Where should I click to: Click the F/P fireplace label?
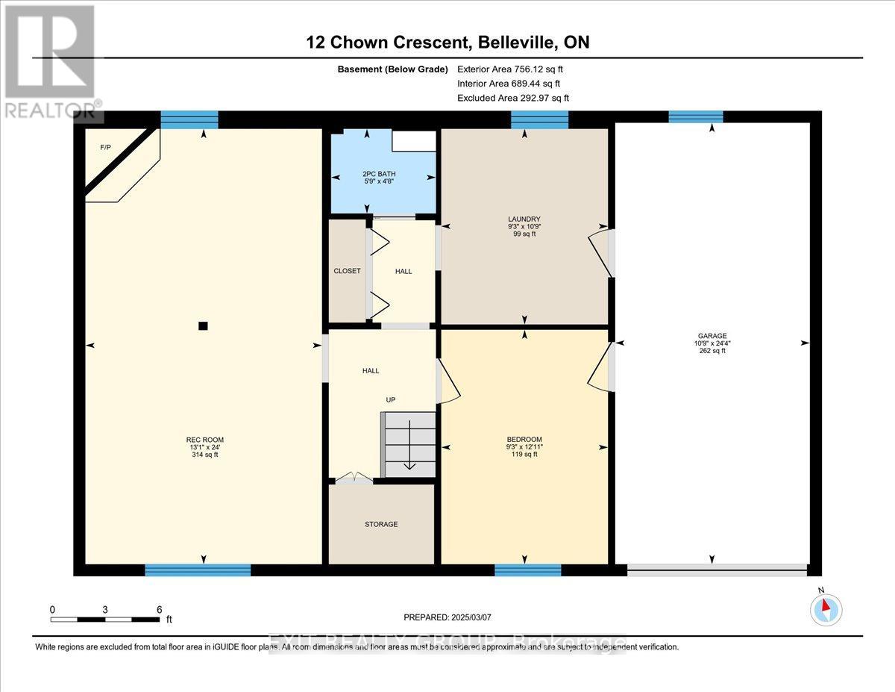point(105,148)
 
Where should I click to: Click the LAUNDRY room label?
point(524,219)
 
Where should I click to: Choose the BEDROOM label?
point(525,439)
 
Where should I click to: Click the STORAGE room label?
point(381,524)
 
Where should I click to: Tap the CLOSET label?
point(347,271)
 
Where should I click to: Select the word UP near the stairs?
point(390,400)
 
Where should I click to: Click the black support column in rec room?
point(203,325)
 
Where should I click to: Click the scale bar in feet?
point(106,619)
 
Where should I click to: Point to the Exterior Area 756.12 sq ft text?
point(509,69)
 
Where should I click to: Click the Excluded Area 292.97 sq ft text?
point(513,98)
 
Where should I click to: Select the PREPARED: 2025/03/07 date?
point(448,617)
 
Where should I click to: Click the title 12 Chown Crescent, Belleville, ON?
point(447,42)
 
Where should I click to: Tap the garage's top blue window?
point(695,116)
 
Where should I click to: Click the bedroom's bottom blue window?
point(527,570)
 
